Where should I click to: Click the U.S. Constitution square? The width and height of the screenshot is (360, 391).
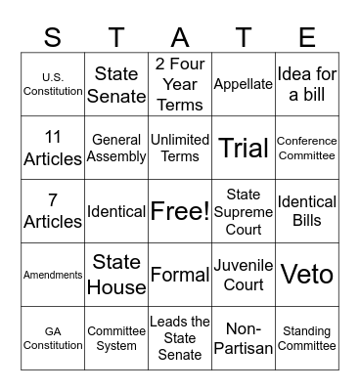pos(53,84)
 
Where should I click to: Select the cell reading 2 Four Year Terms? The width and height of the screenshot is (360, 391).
pos(179,84)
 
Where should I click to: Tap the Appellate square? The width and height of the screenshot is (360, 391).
pos(243,84)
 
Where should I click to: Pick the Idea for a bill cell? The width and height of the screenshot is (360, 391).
pos(306,84)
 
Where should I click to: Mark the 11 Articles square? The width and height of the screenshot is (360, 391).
pos(53,148)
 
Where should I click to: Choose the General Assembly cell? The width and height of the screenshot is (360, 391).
pos(115,148)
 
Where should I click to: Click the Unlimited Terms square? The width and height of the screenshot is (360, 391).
pos(179,148)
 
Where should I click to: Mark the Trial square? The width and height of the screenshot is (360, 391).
pos(243,148)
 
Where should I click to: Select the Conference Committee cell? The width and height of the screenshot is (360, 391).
pos(306,148)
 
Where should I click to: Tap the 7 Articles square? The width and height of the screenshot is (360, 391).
pos(53,211)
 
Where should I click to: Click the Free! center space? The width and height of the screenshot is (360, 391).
pos(179,211)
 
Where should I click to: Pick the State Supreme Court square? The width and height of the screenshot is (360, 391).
pos(243,211)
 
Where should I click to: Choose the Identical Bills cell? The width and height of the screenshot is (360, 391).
pos(306,211)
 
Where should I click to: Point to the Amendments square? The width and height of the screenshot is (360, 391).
pos(53,275)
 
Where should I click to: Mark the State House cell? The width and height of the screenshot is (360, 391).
pos(115,275)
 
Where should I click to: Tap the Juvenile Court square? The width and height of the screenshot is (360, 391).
pos(243,275)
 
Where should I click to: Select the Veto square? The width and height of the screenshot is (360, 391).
pos(306,275)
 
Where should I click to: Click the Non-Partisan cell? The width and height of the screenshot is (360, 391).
pos(243,338)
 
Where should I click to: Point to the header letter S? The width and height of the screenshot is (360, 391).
pos(53,37)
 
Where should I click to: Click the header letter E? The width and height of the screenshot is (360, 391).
pos(306,37)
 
